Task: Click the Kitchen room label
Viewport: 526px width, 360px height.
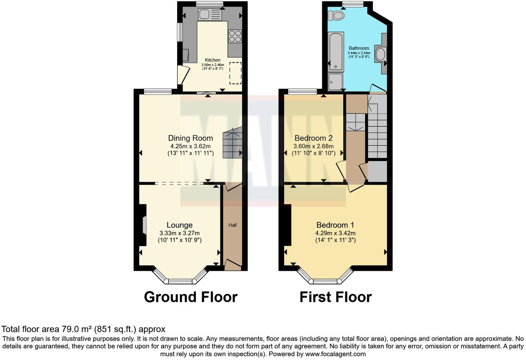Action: [x=212, y=60]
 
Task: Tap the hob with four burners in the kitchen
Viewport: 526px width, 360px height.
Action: [x=235, y=36]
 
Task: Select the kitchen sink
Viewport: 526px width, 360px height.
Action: [x=210, y=15]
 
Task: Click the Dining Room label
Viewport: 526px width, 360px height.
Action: [x=190, y=138]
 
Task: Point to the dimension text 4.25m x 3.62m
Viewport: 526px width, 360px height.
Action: [x=190, y=146]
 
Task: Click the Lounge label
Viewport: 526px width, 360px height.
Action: [x=180, y=225]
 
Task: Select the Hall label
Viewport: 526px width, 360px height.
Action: [x=233, y=225]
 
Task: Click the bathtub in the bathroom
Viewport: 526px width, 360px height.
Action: [x=336, y=51]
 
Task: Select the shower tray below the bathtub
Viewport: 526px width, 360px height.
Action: [x=335, y=82]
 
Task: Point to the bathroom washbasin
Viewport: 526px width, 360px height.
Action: [x=380, y=54]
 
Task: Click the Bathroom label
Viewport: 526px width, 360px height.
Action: [x=359, y=48]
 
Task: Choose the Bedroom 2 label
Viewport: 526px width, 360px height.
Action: [x=314, y=138]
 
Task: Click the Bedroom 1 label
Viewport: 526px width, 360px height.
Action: [x=335, y=225]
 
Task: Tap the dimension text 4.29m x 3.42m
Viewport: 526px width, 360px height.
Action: [x=335, y=233]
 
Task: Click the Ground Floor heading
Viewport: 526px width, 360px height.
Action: [x=191, y=297]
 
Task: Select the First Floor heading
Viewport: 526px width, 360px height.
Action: [x=335, y=297]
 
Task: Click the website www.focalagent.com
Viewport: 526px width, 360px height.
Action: [x=335, y=354]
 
